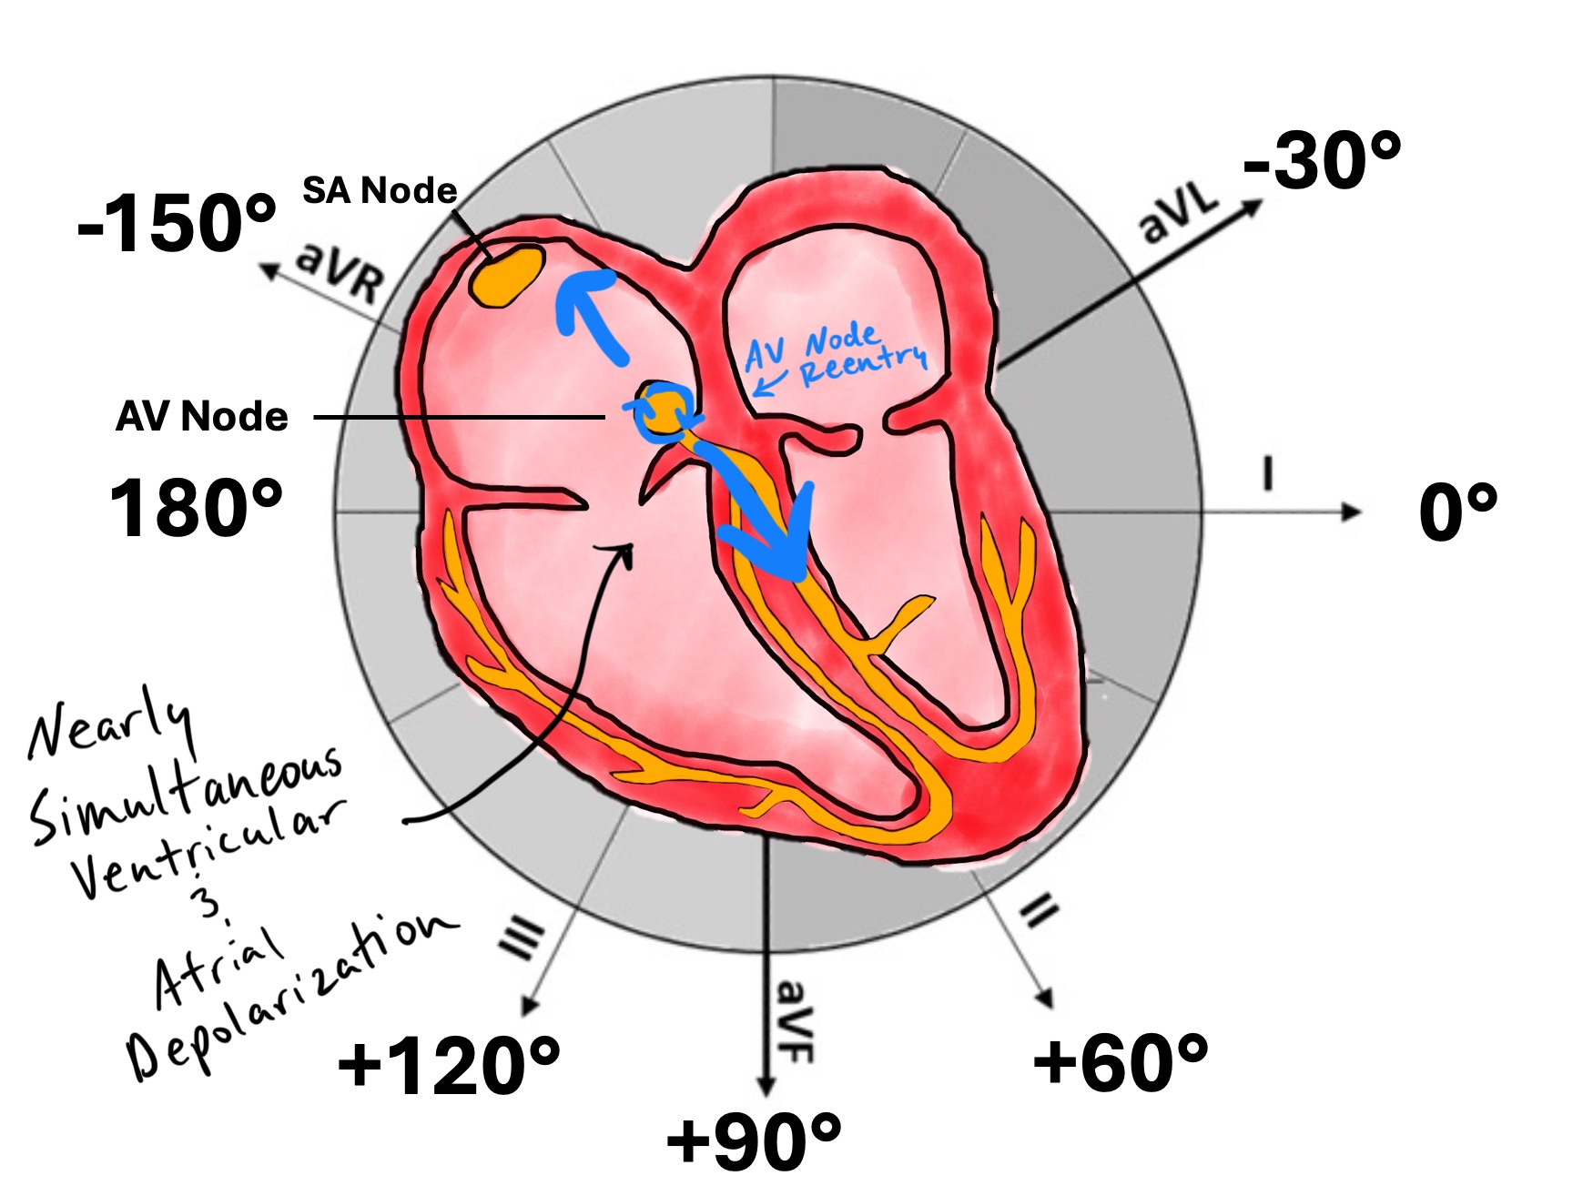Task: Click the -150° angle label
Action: tap(177, 225)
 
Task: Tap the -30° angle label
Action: tap(1322, 161)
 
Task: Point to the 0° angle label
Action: tap(1457, 513)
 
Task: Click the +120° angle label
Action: tap(449, 1065)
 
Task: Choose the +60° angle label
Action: tap(1121, 1061)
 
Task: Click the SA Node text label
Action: tap(380, 191)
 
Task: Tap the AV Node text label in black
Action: tap(202, 417)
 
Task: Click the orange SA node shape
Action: tap(507, 274)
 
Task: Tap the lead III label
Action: tap(524, 938)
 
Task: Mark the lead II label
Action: tap(1039, 910)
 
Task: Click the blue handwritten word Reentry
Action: tap(863, 364)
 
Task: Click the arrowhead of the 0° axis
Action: tap(1353, 512)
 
